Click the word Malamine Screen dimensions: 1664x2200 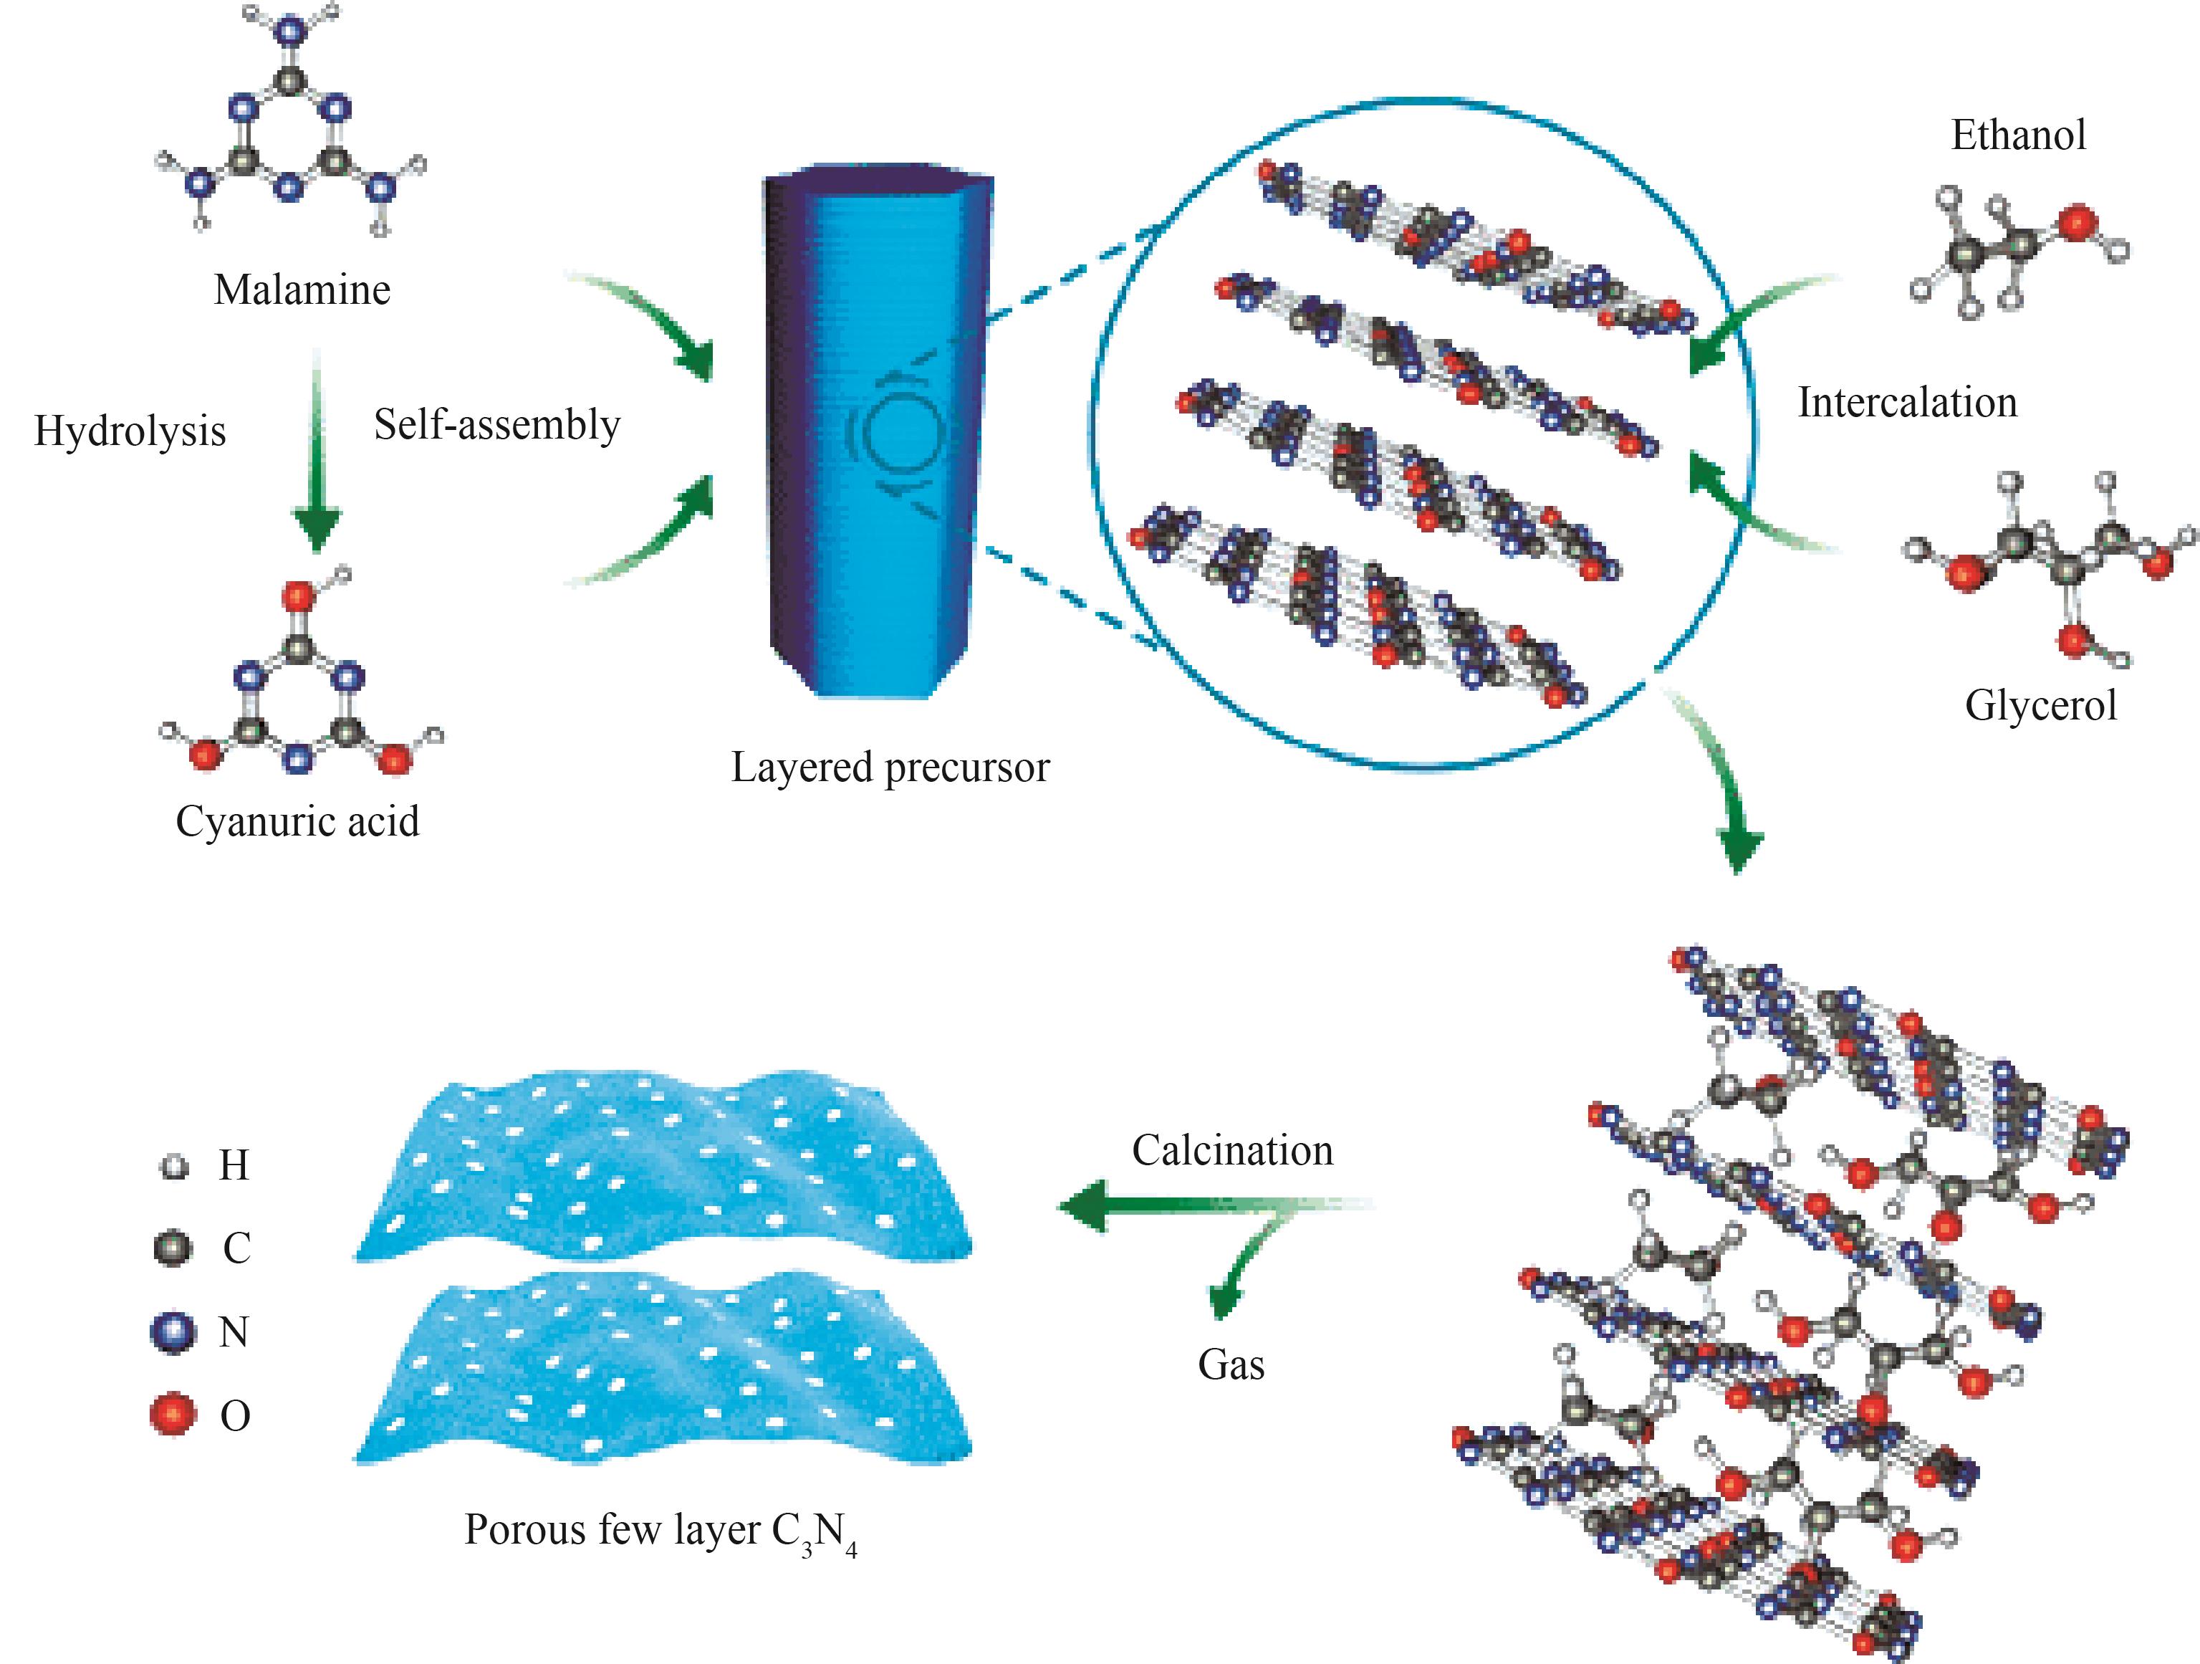302,290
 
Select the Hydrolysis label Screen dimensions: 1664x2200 130,431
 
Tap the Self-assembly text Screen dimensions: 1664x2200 496,425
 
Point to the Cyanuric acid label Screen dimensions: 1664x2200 297,821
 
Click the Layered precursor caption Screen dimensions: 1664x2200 890,767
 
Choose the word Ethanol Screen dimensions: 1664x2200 2018,135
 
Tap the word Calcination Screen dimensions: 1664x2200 1232,1151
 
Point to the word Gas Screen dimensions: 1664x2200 1231,1364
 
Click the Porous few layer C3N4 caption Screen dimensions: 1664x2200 661,1531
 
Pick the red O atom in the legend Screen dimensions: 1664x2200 173,1413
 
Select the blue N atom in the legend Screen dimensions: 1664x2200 173,1331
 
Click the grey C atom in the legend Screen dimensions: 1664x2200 173,1247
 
